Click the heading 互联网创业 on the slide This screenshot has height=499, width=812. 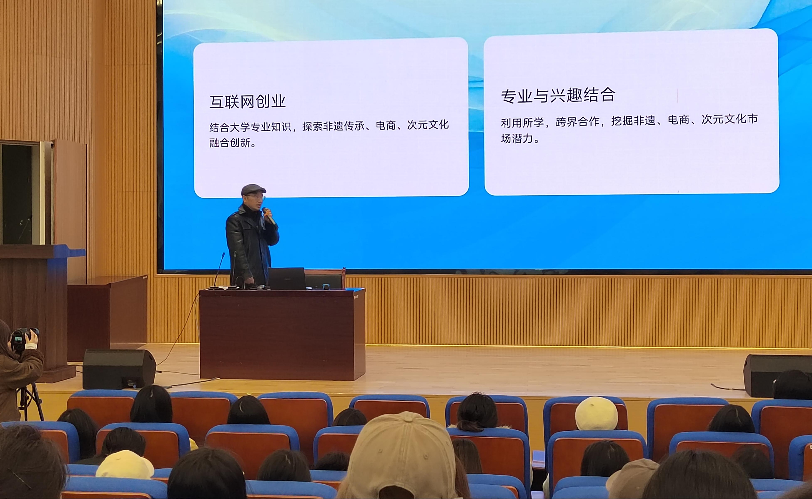tap(247, 101)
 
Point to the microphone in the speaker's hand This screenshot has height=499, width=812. tap(269, 216)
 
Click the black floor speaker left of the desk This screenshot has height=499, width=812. tap(119, 369)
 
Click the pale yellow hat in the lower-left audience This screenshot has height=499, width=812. tap(125, 465)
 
